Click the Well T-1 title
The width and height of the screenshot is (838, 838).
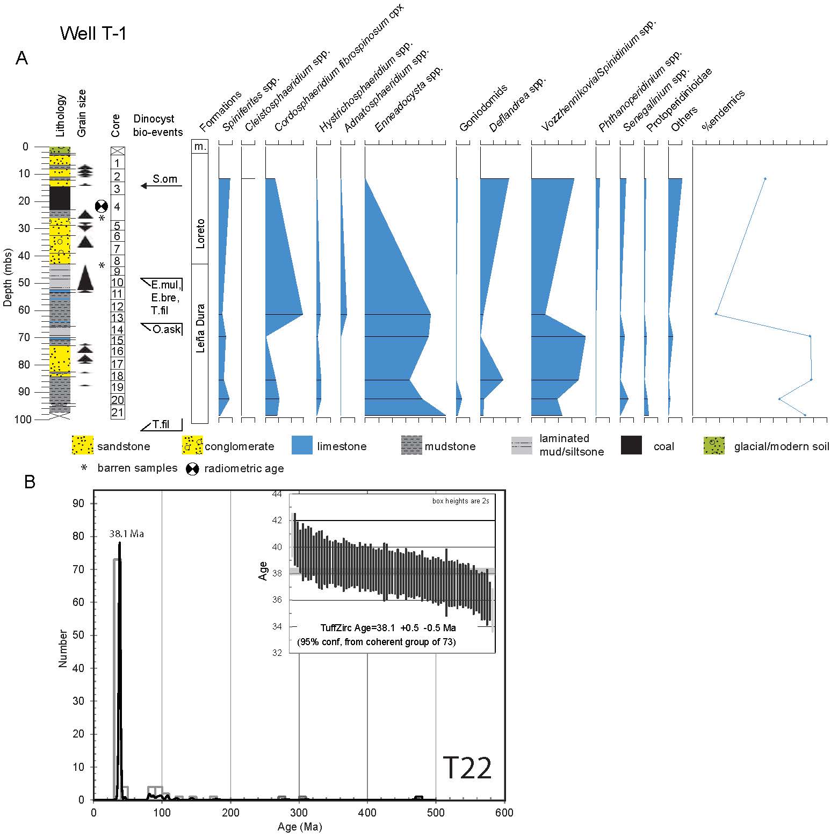click(93, 34)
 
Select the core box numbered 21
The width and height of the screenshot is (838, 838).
click(118, 413)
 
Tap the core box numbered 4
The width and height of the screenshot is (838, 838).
click(118, 207)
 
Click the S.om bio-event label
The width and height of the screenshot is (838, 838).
click(164, 179)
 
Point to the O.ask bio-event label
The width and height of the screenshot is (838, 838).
click(167, 329)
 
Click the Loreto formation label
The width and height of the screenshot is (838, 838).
click(200, 233)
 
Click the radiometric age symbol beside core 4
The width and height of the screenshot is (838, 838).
click(102, 206)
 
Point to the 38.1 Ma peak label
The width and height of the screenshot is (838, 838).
click(127, 534)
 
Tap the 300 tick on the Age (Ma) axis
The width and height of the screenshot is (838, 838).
click(299, 813)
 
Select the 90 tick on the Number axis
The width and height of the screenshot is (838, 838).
click(78, 503)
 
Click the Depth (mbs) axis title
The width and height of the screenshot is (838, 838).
click(8, 277)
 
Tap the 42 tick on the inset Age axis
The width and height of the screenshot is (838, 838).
click(277, 520)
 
